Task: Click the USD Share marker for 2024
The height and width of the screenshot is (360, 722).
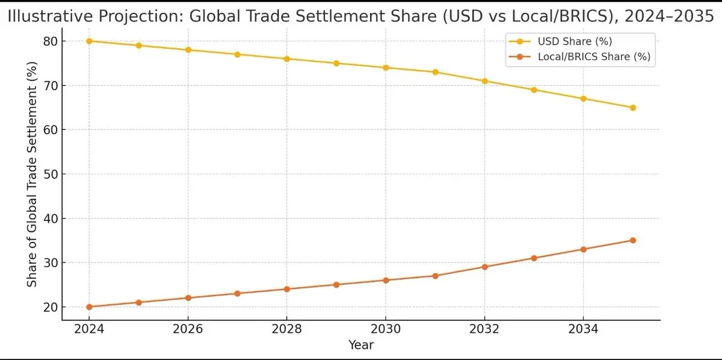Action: pyautogui.click(x=89, y=41)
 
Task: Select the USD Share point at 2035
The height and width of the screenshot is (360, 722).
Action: pyautogui.click(x=632, y=108)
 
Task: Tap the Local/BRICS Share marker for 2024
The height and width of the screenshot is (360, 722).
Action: pyautogui.click(x=89, y=307)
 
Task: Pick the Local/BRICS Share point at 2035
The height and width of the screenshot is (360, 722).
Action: pyautogui.click(x=632, y=240)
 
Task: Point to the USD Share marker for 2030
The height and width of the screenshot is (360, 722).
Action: pyautogui.click(x=386, y=67)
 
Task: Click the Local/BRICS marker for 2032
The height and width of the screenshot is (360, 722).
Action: pyautogui.click(x=484, y=267)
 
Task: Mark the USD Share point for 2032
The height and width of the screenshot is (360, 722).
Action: pyautogui.click(x=484, y=81)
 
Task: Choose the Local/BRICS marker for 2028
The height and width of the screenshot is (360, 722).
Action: pyautogui.click(x=287, y=289)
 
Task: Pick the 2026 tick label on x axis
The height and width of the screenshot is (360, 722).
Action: pyautogui.click(x=188, y=329)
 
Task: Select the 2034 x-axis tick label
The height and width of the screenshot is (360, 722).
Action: pyautogui.click(x=583, y=329)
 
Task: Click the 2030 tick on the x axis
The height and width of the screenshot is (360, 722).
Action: pyautogui.click(x=386, y=329)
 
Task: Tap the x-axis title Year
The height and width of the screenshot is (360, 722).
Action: pyautogui.click(x=361, y=345)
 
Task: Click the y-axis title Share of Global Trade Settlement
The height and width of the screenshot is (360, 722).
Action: pyautogui.click(x=32, y=175)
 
